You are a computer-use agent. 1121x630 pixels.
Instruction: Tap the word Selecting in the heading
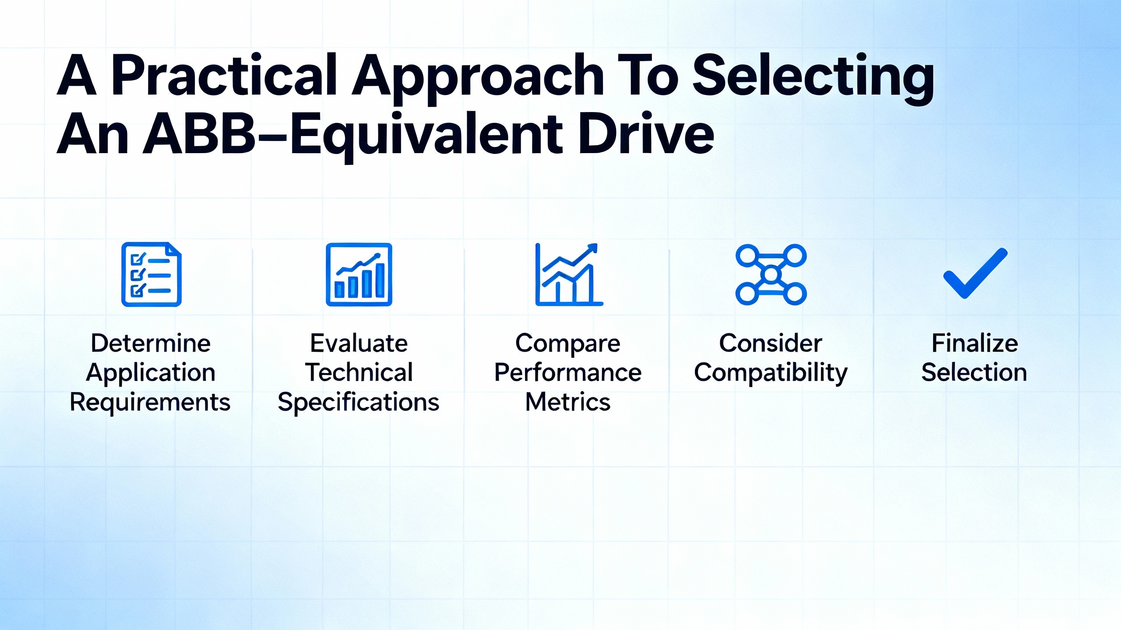tap(813, 79)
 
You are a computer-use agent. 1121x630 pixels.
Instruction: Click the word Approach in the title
tap(478, 79)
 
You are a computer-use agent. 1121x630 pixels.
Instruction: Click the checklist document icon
tap(152, 274)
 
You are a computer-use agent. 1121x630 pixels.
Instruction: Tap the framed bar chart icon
tap(359, 274)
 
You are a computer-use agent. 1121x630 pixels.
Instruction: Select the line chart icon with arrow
tap(569, 274)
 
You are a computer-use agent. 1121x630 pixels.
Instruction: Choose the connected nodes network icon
tap(771, 274)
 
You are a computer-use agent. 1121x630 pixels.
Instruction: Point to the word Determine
tap(151, 343)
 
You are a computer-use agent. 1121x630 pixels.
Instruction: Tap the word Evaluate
tap(359, 343)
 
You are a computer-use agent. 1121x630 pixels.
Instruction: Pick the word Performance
tap(568, 372)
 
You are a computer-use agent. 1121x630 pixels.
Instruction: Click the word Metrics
tap(568, 402)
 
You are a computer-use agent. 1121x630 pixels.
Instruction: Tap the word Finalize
tap(975, 343)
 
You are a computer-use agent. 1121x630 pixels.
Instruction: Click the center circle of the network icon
tap(771, 275)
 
